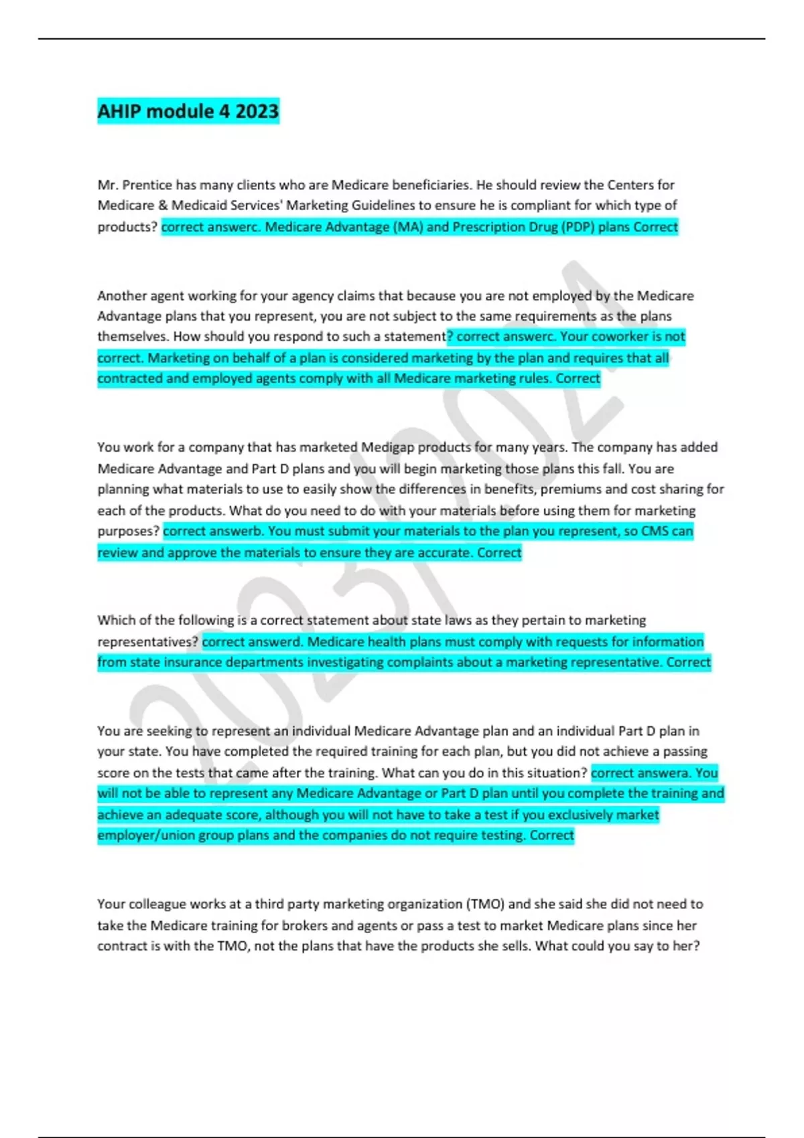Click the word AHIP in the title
[x=119, y=111]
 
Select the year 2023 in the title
[x=257, y=111]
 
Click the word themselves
[x=132, y=336]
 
